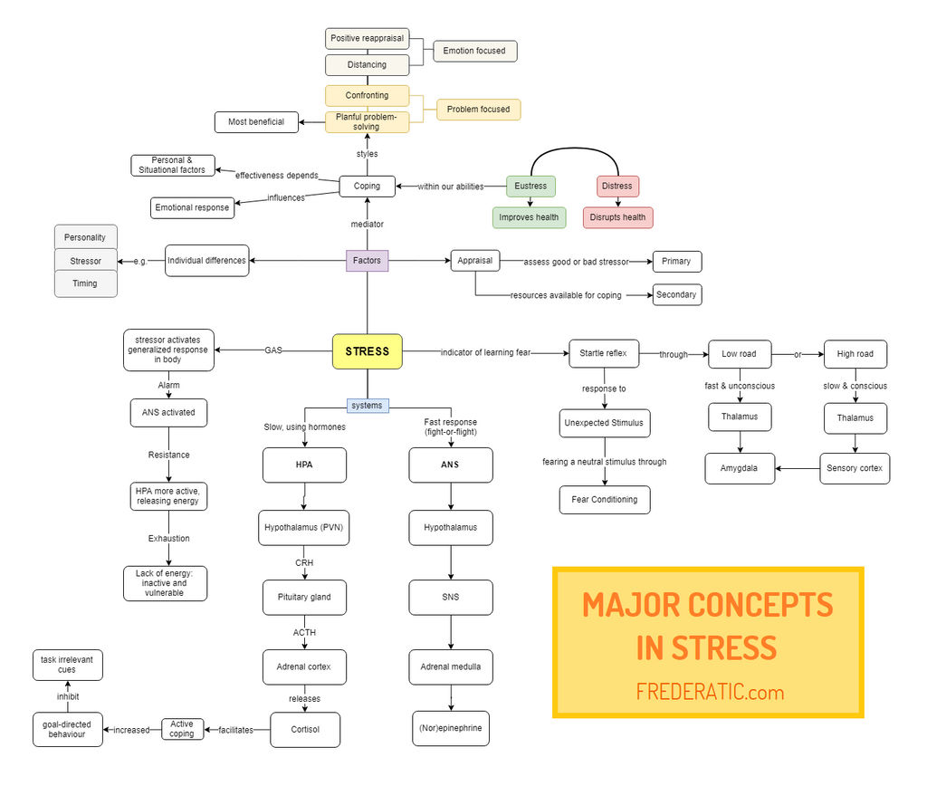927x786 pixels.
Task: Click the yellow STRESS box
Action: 368,351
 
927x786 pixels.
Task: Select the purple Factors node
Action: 367,261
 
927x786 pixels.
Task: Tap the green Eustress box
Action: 530,186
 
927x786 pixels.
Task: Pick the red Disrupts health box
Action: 618,217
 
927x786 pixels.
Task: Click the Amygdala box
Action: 741,468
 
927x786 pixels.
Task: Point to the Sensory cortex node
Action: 855,468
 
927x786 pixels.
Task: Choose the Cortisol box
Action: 305,730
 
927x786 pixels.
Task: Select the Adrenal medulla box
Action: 451,667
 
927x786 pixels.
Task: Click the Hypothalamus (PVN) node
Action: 304,527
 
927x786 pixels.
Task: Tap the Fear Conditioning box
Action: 605,500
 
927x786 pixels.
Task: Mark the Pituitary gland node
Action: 304,598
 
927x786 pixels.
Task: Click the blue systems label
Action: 368,405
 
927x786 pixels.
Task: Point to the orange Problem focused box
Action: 478,110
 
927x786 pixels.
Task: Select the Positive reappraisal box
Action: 367,38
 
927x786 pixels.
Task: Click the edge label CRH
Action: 304,562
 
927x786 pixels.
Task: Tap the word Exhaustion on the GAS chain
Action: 169,539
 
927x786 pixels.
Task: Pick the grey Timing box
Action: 85,283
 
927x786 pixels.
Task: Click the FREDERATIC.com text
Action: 709,693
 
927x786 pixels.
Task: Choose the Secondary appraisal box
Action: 676,294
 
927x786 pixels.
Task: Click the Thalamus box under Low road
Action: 741,417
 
